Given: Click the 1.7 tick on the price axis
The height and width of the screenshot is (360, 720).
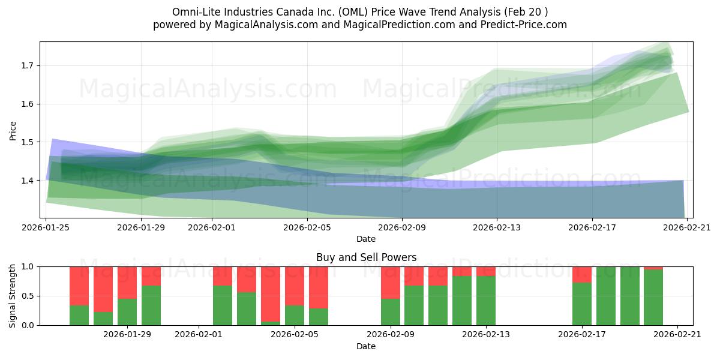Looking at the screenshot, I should pyautogui.click(x=28, y=65).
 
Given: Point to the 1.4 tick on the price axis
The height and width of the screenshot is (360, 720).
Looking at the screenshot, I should pyautogui.click(x=28, y=180).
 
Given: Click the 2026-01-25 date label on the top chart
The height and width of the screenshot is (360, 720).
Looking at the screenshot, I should pyautogui.click(x=46, y=227).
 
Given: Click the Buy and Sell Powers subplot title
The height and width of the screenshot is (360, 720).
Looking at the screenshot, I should pyautogui.click(x=366, y=257).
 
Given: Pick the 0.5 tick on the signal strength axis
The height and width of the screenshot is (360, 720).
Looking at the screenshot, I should pyautogui.click(x=28, y=296).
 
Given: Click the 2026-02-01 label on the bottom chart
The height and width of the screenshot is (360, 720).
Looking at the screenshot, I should pyautogui.click(x=199, y=335).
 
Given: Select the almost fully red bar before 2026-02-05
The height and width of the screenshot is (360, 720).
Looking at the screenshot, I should pyautogui.click(x=271, y=296).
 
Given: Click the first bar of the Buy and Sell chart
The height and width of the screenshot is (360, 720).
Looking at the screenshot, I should pyautogui.click(x=79, y=296).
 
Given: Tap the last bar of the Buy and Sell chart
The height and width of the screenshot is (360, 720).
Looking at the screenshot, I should pyautogui.click(x=653, y=296).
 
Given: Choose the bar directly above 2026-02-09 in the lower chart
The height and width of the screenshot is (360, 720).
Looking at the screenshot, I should pyautogui.click(x=391, y=296).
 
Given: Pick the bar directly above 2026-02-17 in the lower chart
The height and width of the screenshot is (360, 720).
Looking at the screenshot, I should pyautogui.click(x=582, y=296).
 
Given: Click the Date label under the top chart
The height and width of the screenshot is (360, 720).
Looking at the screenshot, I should pyautogui.click(x=366, y=239).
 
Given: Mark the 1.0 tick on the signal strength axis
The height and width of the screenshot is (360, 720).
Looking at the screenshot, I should pyautogui.click(x=28, y=266).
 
